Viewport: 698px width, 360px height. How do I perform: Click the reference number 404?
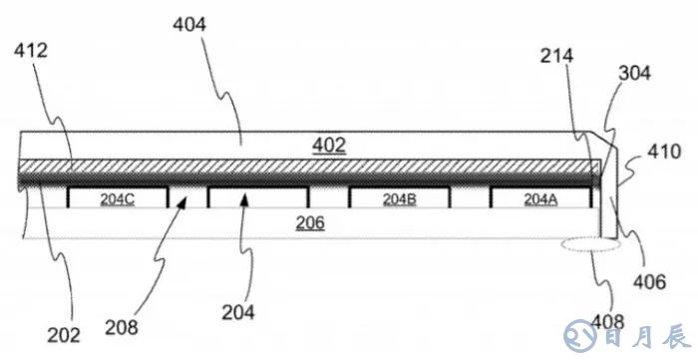tap(189, 25)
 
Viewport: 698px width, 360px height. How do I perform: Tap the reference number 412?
tap(30, 51)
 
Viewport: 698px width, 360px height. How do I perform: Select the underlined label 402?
tap(329, 146)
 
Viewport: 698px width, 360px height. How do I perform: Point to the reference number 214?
tap(556, 56)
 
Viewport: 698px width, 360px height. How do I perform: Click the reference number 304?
tap(634, 73)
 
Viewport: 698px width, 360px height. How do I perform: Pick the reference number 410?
tap(664, 152)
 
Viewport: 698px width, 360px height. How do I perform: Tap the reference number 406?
tap(649, 281)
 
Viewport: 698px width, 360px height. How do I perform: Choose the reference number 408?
tap(607, 321)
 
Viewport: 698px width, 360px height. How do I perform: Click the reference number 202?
tap(64, 335)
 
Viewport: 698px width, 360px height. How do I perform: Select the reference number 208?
tap(122, 328)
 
